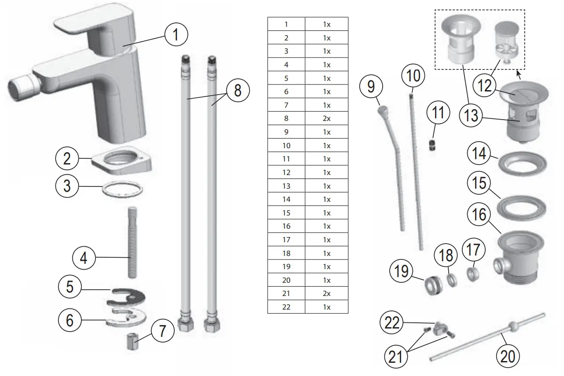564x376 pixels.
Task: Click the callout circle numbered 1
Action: (176, 34)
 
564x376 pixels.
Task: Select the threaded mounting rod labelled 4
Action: (131, 241)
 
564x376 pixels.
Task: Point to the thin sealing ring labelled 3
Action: (122, 190)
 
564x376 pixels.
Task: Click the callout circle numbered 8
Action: (238, 91)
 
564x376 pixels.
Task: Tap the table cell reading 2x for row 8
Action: (326, 118)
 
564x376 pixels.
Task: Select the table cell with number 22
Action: (286, 307)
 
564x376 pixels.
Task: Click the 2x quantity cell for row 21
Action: (326, 293)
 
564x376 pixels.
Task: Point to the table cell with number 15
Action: (286, 213)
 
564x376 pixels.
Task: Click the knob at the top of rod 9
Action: (382, 109)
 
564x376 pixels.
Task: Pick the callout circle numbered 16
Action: (479, 215)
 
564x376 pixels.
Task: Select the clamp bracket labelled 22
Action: (440, 328)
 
